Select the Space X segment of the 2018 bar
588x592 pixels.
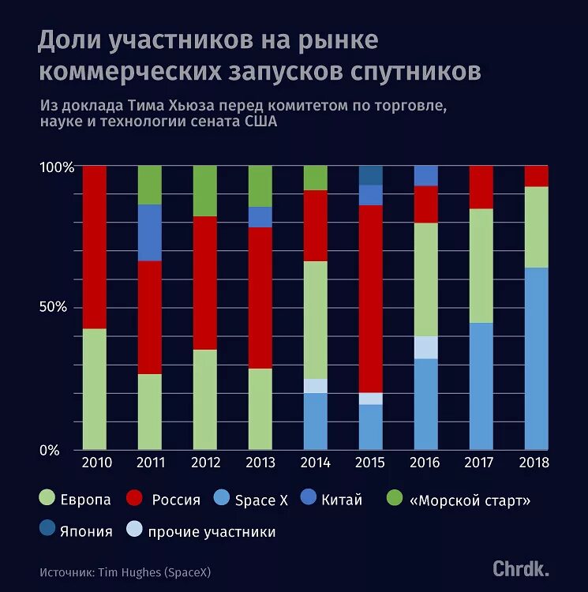coord(536,359)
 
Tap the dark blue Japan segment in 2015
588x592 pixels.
coord(370,175)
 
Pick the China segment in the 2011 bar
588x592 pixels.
coord(149,233)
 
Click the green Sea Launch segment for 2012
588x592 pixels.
coord(204,191)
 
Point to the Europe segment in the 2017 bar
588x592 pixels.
coord(481,266)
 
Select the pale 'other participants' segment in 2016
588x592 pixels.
coord(425,347)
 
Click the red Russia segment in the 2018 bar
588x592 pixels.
coord(536,176)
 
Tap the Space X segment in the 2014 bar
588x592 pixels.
coord(315,422)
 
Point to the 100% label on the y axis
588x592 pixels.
coord(56,168)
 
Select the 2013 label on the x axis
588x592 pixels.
coord(260,462)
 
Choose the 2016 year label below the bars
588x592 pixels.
coord(425,462)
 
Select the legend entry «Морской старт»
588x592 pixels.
coord(469,500)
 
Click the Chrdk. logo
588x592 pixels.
coord(521,568)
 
